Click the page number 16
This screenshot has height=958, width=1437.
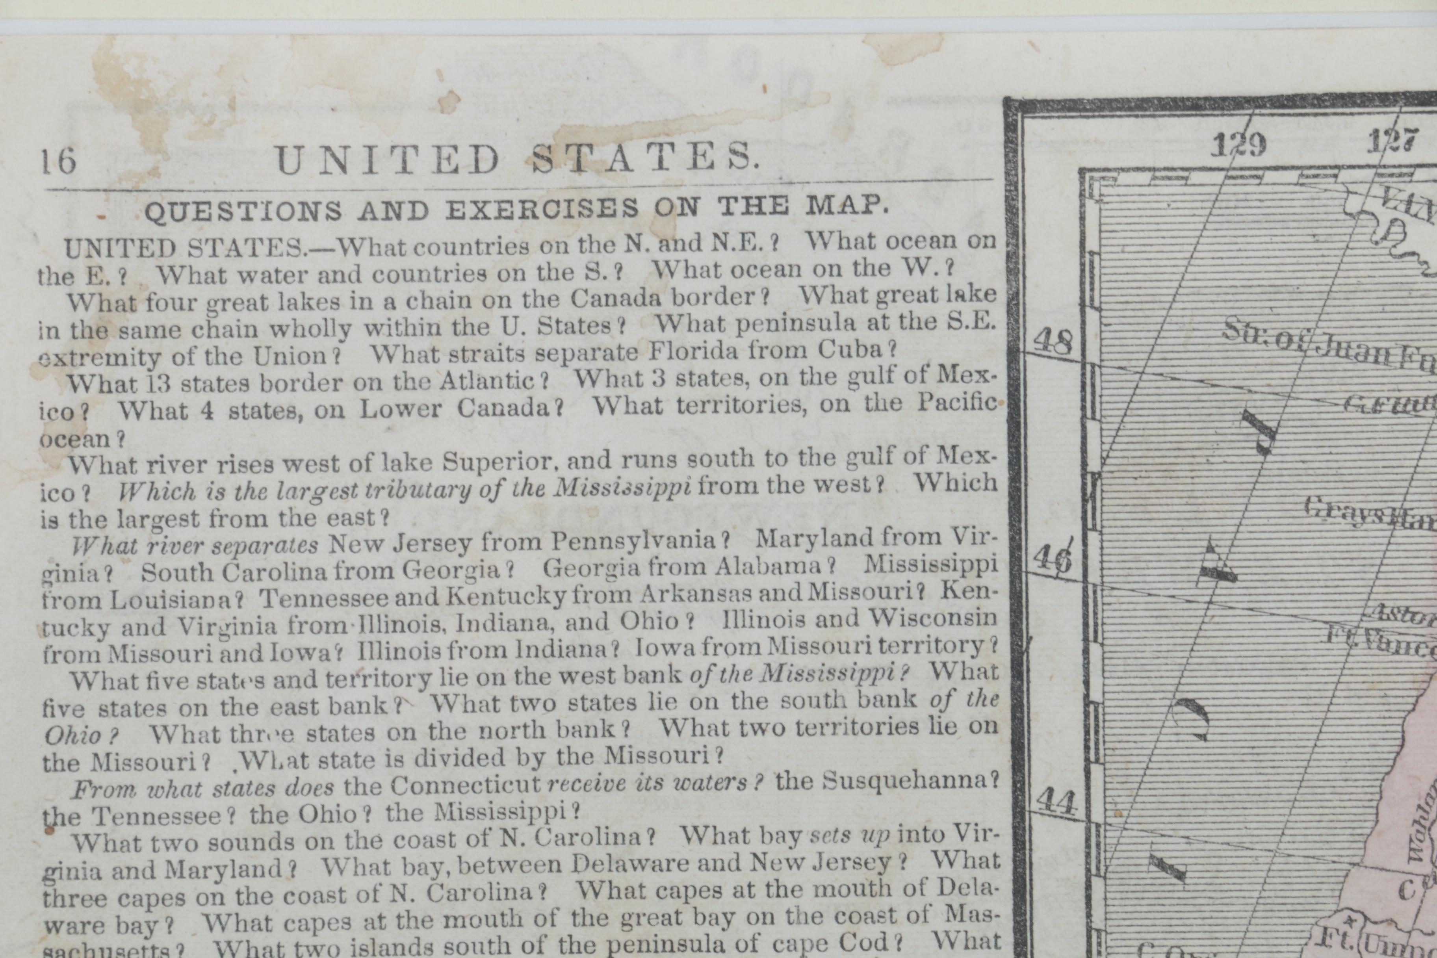[x=59, y=161]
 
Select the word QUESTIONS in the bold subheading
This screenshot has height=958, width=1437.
[x=243, y=212]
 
